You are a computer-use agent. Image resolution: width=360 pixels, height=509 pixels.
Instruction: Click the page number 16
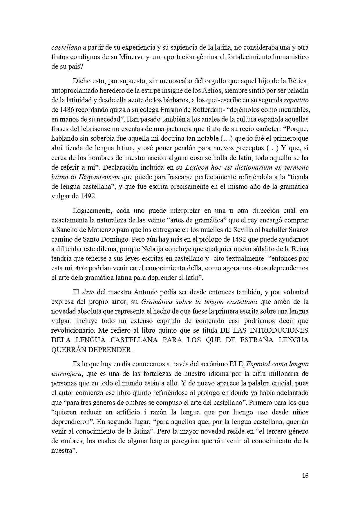click(305, 476)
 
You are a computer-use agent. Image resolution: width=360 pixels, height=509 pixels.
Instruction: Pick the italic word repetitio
click(296, 100)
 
